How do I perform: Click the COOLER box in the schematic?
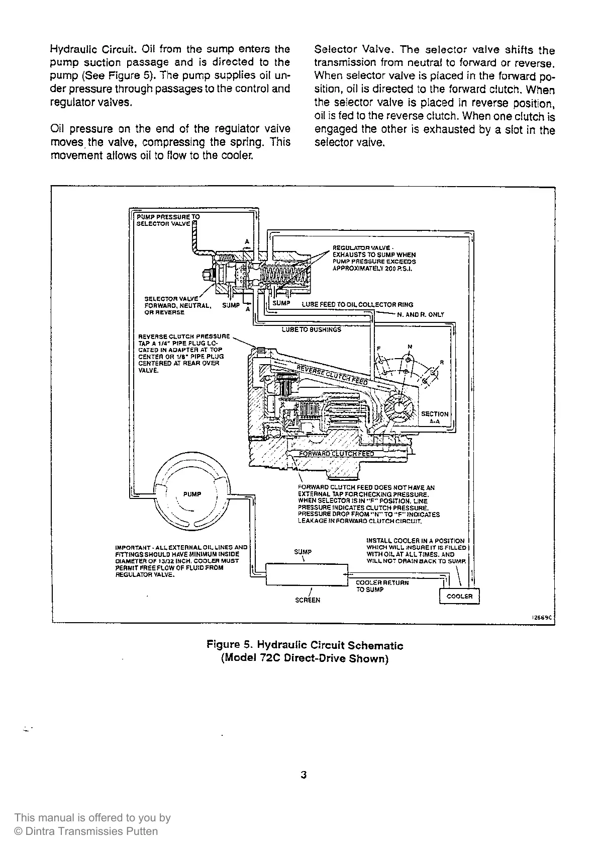pos(459,596)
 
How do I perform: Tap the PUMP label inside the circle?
pos(192,494)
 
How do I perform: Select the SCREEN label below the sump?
pos(308,600)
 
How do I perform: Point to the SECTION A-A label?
pos(435,417)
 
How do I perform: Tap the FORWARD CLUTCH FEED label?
pos(336,454)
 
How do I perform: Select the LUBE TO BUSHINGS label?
pos(311,329)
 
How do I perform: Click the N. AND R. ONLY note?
pos(421,315)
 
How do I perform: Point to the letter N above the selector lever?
pos(410,347)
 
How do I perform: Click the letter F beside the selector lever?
pos(379,349)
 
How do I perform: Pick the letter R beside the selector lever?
pos(441,362)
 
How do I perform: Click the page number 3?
pos(304,775)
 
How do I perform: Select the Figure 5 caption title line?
pos(305,645)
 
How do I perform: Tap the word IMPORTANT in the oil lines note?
pos(132,547)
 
